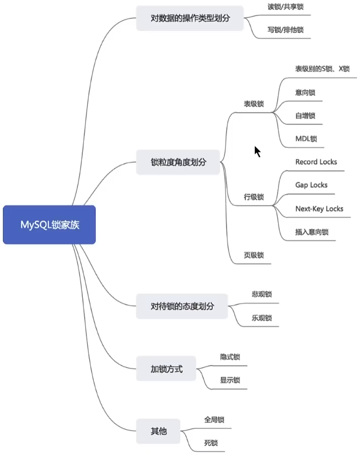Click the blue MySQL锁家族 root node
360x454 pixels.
(49, 225)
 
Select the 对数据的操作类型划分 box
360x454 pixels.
(190, 18)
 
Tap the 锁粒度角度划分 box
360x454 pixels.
(178, 162)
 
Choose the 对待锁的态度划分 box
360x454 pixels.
(182, 306)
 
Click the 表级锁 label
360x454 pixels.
(254, 104)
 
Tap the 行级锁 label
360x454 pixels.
(254, 197)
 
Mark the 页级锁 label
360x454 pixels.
(254, 255)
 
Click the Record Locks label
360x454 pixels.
(316, 162)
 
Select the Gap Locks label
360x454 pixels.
(311, 185)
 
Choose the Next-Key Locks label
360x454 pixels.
(319, 209)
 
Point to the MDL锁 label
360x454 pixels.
(306, 139)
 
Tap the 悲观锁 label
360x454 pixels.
(262, 294)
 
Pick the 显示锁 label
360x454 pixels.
(230, 380)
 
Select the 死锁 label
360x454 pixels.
(214, 443)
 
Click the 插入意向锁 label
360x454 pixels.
(312, 232)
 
